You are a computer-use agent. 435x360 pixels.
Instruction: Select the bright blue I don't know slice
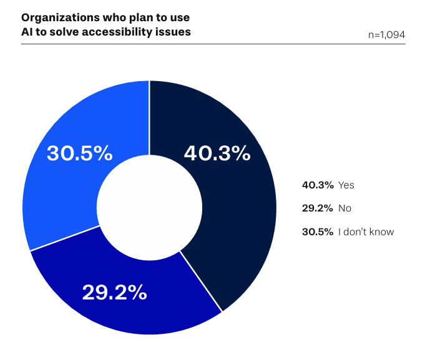coord(62,187)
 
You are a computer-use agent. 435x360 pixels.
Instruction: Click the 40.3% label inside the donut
coord(217,153)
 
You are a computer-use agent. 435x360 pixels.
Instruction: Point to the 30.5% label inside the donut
coord(80,153)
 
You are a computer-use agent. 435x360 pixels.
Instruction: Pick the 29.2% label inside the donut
coord(114,291)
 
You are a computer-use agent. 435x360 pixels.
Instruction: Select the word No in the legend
coord(345,208)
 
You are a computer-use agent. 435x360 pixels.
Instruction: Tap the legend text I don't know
coord(366,232)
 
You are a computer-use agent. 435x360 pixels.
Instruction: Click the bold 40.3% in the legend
coord(317,185)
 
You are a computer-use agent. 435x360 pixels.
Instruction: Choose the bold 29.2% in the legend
coord(317,208)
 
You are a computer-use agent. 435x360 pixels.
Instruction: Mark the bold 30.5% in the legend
coord(317,232)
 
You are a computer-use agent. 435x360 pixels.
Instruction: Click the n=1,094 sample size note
coord(387,35)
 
